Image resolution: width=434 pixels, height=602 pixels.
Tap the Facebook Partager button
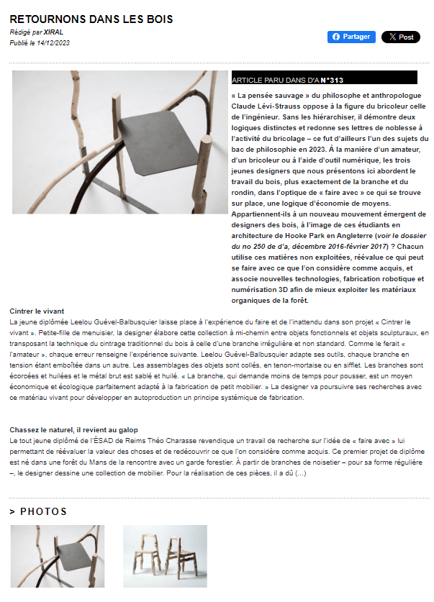[351, 37]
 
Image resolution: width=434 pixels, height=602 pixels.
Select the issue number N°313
[332, 80]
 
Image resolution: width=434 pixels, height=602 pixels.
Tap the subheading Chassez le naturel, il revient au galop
[74, 429]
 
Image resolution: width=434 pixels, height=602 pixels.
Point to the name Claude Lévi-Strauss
[265, 105]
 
